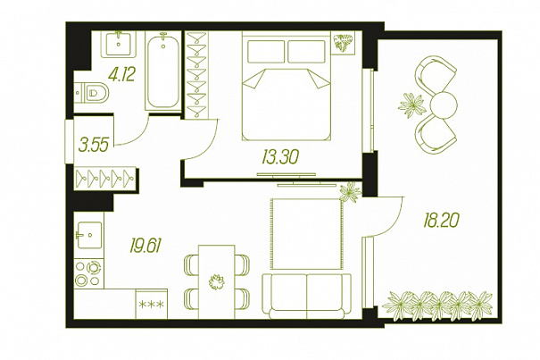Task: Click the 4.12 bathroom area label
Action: pyautogui.click(x=121, y=74)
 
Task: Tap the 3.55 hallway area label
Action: pyautogui.click(x=94, y=145)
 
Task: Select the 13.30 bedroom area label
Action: pyautogui.click(x=280, y=157)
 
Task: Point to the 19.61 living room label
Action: pyautogui.click(x=145, y=246)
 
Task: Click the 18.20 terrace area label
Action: pyautogui.click(x=441, y=220)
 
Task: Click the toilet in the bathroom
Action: pyautogui.click(x=92, y=92)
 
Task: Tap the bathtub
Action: pyautogui.click(x=163, y=71)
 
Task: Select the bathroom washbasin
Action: pyautogui.click(x=119, y=45)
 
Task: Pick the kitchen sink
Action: pyautogui.click(x=89, y=235)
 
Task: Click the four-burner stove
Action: pyautogui.click(x=89, y=273)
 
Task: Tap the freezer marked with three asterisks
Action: pyautogui.click(x=152, y=304)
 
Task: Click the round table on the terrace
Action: pyautogui.click(x=444, y=105)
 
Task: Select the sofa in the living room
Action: pyautogui.click(x=306, y=297)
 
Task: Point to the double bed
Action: pyautogui.click(x=287, y=86)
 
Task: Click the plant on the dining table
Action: pyautogui.click(x=217, y=281)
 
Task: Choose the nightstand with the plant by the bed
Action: pyautogui.click(x=343, y=43)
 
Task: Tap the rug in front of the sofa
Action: pyautogui.click(x=307, y=234)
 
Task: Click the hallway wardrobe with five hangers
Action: pyautogui.click(x=105, y=179)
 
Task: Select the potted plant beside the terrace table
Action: pyautogui.click(x=411, y=105)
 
